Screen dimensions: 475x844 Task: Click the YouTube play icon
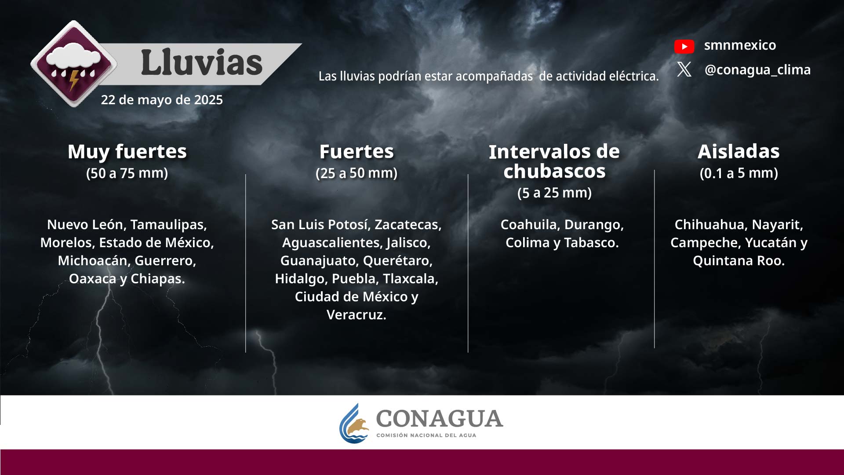pos(684,46)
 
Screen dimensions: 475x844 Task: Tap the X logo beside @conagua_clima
pos(684,69)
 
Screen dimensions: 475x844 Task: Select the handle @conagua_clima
pos(757,69)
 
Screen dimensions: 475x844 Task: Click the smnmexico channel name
pos(740,45)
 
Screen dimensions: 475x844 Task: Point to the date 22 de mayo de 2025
pos(162,100)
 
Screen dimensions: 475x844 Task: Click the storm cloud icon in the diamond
pos(73,63)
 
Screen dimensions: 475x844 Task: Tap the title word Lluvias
pos(202,62)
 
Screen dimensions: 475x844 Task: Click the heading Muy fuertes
pos(127,151)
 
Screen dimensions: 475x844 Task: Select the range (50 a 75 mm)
pos(127,173)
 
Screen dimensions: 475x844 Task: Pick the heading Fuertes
pos(357,151)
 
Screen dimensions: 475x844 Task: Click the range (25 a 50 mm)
pos(357,173)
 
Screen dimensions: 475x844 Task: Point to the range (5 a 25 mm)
pos(554,193)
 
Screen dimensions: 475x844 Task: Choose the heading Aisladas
pos(738,151)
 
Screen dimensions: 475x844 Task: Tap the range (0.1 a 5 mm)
pos(738,173)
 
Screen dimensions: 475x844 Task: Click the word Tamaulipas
pos(168,225)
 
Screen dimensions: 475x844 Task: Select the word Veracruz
pos(356,315)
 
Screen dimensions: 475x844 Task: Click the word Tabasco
pos(591,243)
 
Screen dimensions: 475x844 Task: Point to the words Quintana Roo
pos(738,261)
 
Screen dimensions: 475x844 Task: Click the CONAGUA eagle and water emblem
pos(354,424)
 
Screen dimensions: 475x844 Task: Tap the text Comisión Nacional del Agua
pos(426,435)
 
